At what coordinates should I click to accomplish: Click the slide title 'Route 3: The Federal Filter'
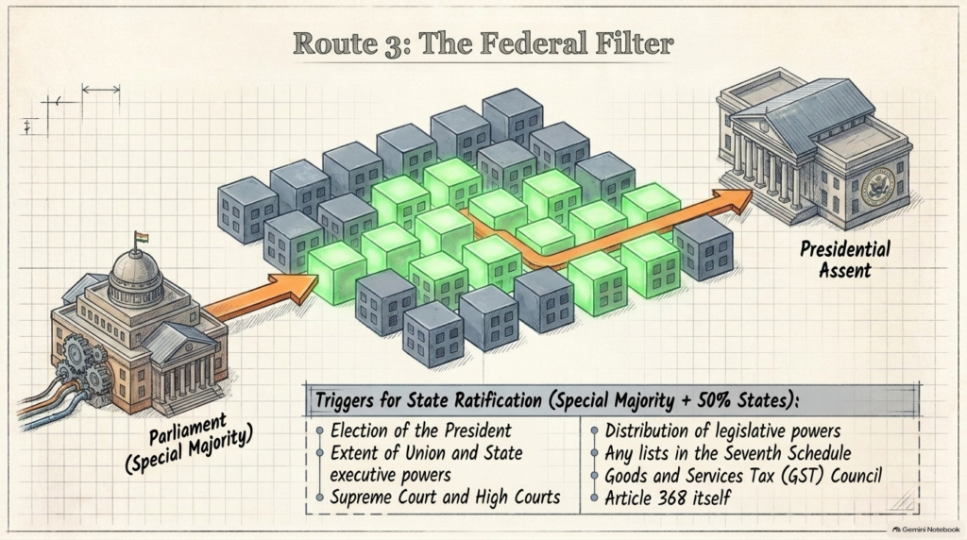point(483,43)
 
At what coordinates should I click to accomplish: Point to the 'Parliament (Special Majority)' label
point(189,445)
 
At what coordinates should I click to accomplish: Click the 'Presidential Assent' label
point(845,260)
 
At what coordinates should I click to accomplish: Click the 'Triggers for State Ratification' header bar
point(612,400)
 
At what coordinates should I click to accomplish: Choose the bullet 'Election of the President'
point(420,430)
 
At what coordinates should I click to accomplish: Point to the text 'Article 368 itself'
point(668,498)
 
